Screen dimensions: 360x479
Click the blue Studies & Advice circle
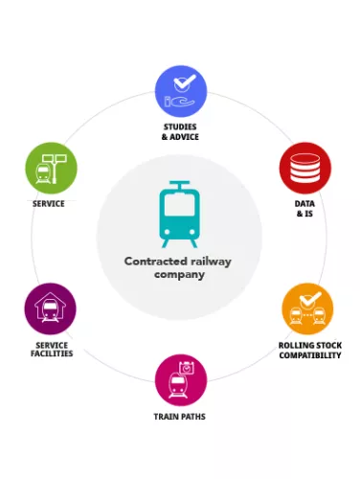(x=181, y=92)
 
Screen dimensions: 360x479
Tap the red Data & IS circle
(x=305, y=168)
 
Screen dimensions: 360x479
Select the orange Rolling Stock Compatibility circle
(x=307, y=308)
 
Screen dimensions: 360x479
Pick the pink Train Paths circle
(x=181, y=380)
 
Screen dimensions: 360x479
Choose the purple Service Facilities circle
(x=51, y=308)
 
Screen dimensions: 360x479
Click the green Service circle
(x=52, y=168)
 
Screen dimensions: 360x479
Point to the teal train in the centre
(x=179, y=215)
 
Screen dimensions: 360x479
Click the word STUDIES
(x=180, y=126)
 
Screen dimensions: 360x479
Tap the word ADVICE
(x=184, y=137)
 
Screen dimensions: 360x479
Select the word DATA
(x=304, y=204)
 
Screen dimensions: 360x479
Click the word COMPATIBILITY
(x=310, y=355)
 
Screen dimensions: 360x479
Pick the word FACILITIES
(x=52, y=354)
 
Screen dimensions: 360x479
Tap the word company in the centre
(x=179, y=275)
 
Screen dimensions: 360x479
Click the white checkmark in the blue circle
(x=185, y=82)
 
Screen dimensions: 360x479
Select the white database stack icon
(x=304, y=168)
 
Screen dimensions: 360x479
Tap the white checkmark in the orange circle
(x=310, y=300)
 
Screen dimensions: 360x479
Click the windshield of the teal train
(x=179, y=205)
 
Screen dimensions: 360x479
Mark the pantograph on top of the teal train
(x=179, y=185)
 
